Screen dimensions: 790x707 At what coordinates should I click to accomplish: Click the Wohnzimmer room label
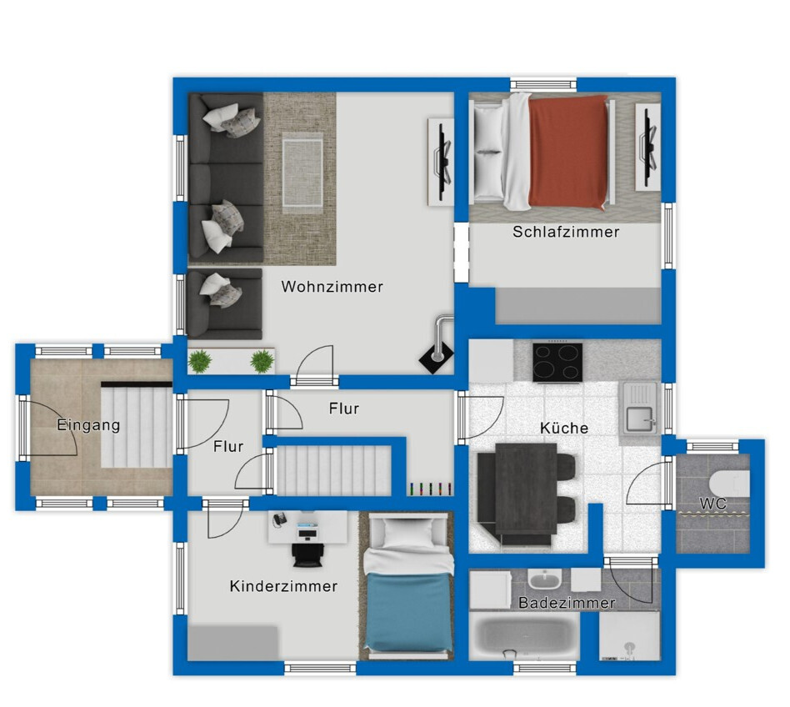tap(332, 287)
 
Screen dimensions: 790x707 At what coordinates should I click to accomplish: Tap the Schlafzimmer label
tap(566, 232)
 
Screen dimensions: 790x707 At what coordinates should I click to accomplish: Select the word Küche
tap(564, 428)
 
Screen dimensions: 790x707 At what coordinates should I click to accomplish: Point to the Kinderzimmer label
tap(283, 586)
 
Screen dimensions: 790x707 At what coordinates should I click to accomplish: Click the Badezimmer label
tap(567, 603)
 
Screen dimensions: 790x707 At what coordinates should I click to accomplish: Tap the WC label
tap(712, 503)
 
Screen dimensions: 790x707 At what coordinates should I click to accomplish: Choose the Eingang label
tap(88, 425)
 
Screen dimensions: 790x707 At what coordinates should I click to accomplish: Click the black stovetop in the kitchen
tap(557, 363)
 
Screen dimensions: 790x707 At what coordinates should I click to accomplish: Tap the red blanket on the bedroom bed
tap(567, 152)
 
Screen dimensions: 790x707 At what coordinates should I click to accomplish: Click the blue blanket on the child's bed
tap(407, 611)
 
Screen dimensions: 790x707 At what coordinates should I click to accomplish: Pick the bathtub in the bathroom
tap(523, 635)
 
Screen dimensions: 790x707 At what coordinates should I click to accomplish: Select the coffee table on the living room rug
tap(302, 173)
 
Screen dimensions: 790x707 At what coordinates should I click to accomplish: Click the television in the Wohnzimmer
tap(443, 162)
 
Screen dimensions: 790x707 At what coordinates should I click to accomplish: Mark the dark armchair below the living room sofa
tap(224, 303)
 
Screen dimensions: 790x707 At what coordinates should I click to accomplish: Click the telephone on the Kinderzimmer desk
tap(279, 519)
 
